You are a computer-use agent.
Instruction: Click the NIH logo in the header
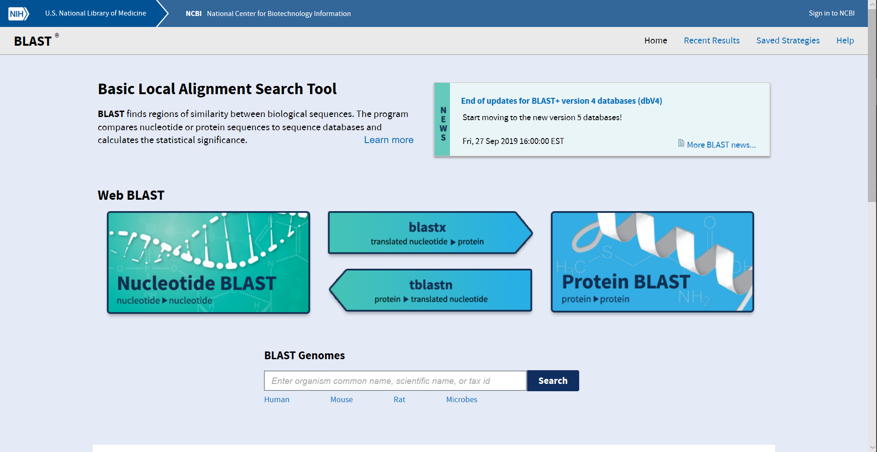tap(18, 13)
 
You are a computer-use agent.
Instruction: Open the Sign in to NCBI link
tap(831, 13)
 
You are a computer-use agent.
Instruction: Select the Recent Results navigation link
tap(711, 41)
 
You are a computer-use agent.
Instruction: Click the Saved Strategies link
tap(787, 41)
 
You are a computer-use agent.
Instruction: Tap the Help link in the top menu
tap(845, 41)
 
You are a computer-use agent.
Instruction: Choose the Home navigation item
tap(655, 41)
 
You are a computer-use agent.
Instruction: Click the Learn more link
tap(388, 140)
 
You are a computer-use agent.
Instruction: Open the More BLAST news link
tap(721, 145)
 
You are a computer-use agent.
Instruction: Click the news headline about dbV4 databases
tap(561, 101)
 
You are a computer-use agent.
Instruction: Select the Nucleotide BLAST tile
tap(208, 262)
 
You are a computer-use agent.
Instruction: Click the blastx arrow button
tap(428, 233)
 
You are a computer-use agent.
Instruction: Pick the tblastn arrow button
tap(430, 290)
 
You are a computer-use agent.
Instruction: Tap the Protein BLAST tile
tap(652, 262)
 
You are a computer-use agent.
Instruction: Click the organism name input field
tap(395, 381)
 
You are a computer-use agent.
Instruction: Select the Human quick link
tap(276, 399)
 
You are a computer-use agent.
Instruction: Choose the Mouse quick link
tap(341, 399)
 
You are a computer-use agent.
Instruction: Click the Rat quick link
tap(399, 399)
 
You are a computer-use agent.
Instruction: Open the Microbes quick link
tap(461, 399)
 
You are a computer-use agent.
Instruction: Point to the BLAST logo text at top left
tap(33, 41)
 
